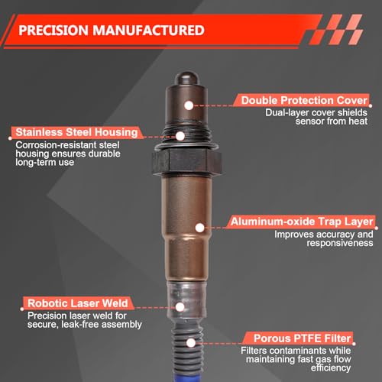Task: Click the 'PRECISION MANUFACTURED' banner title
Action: coord(112,31)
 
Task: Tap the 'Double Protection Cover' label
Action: coord(304,100)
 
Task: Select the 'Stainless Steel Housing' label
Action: coord(76,132)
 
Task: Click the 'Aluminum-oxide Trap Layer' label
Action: coord(302,222)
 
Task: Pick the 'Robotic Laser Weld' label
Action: coord(78,303)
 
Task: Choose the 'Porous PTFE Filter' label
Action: coord(303,338)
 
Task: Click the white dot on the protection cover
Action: coord(189,105)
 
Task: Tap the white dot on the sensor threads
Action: coord(180,136)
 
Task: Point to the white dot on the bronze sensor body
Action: coord(200,228)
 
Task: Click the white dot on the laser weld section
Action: coord(180,307)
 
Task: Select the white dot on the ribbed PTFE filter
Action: coord(191,343)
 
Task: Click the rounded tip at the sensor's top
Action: coord(186,79)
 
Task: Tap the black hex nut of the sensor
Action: coord(187,162)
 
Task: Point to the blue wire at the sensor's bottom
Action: coord(189,376)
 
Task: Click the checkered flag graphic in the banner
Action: coord(335,30)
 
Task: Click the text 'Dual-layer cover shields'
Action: coord(316,112)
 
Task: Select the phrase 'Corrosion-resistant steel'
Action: coord(67,145)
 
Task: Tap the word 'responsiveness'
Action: coord(340,243)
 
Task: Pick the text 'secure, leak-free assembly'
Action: coord(85,325)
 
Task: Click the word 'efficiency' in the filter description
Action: coord(331,367)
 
